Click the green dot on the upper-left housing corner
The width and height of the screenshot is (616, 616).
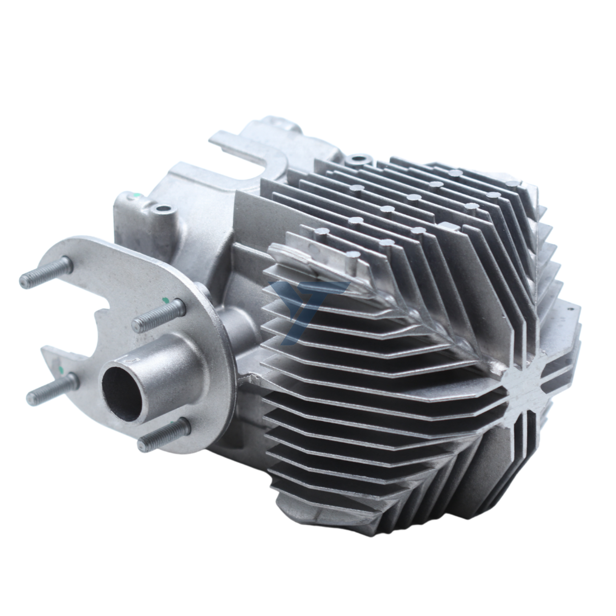pyautogui.click(x=136, y=195)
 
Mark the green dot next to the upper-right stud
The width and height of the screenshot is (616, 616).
pyautogui.click(x=165, y=299)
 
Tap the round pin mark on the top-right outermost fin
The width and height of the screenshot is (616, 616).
pyautogui.click(x=513, y=183)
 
